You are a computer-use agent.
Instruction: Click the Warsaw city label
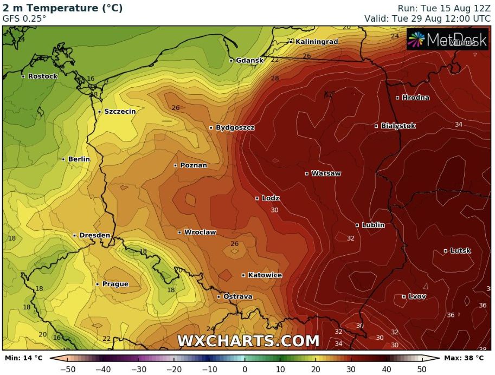(326, 173)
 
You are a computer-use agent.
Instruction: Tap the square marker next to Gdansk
(232, 61)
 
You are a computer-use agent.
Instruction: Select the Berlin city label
(79, 159)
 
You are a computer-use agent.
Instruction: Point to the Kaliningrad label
(317, 42)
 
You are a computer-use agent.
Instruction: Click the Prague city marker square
(98, 284)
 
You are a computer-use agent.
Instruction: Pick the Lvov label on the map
(417, 296)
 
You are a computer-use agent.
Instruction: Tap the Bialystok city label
(398, 126)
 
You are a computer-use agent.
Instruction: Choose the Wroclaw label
(200, 232)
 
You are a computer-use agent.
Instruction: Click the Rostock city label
(42, 76)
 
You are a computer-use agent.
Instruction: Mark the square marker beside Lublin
(357, 225)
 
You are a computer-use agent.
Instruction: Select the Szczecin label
(120, 112)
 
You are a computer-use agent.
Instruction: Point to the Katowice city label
(265, 275)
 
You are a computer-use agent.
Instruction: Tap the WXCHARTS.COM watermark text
(248, 341)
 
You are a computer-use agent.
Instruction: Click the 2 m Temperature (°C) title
(63, 8)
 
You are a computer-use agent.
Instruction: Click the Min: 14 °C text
(23, 358)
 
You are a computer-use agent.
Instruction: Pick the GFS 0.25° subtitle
(24, 18)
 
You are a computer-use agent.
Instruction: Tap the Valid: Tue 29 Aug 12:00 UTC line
(427, 18)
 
